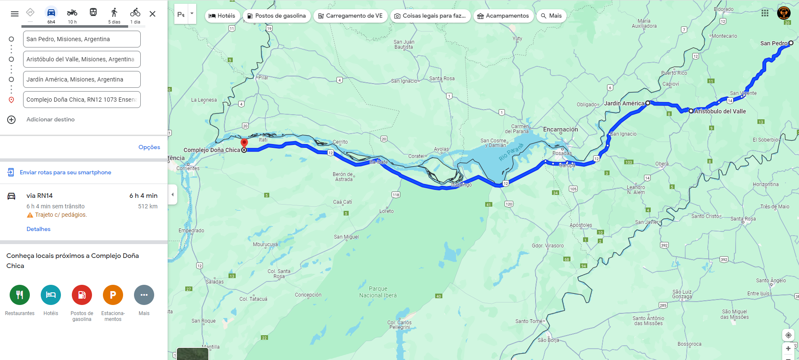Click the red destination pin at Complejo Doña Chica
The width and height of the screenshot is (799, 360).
tap(244, 142)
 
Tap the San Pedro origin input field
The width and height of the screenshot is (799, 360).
tap(81, 39)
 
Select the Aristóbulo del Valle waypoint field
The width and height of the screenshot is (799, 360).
tap(81, 59)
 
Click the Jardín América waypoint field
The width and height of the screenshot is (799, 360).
tap(81, 79)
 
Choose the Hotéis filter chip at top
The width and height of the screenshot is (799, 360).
tap(222, 16)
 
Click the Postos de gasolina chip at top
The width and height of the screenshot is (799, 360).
tap(276, 16)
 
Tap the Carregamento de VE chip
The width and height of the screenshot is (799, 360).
tap(350, 16)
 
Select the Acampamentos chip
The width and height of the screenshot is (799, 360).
tap(503, 16)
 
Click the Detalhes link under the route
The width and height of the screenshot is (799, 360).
tap(38, 229)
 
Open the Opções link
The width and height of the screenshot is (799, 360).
tap(149, 147)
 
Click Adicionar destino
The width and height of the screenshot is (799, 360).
tap(50, 120)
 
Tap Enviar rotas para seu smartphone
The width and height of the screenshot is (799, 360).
tap(65, 172)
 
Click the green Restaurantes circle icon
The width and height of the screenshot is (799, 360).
tap(20, 295)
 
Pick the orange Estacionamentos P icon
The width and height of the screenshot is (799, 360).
tap(113, 295)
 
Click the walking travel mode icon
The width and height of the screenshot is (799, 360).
tap(114, 13)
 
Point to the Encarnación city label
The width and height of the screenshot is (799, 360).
tap(560, 129)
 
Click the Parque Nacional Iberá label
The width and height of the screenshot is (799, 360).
tap(378, 292)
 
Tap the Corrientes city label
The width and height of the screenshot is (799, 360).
tap(188, 168)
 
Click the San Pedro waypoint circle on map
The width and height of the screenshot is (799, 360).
tap(791, 43)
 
